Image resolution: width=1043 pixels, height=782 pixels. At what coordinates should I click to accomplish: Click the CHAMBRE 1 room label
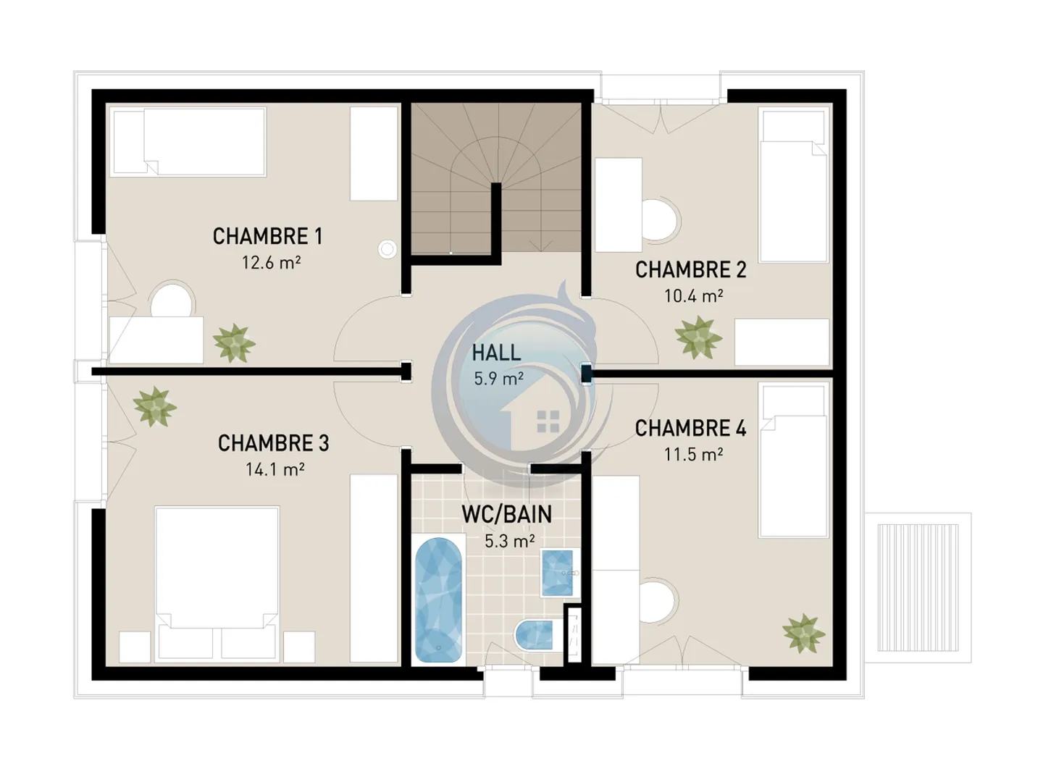coord(267,237)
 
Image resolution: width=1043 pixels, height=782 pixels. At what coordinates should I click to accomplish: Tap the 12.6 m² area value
coord(272,262)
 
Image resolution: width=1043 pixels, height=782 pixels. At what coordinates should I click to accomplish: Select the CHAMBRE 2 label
coord(690,269)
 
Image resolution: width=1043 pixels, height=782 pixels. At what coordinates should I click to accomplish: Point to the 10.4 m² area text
coord(693,296)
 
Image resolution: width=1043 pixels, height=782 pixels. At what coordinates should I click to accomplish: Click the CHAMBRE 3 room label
coord(273,443)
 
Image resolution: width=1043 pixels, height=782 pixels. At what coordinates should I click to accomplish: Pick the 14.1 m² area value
coord(275,469)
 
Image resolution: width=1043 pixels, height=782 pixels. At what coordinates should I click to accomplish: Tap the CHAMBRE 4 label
coord(690,428)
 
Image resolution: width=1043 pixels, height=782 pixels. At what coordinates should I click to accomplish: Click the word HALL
coord(496,353)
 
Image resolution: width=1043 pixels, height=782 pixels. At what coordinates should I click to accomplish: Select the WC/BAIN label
coord(506,514)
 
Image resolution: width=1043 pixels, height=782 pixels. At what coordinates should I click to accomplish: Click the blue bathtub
coord(438,600)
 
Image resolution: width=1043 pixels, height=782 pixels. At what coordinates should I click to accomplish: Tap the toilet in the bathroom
coord(534,635)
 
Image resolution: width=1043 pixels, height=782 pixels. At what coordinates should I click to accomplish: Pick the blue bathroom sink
coord(557,573)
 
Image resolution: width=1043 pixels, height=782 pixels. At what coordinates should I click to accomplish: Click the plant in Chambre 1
coord(234,342)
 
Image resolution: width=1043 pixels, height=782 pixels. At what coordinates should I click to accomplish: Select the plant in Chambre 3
coord(155,407)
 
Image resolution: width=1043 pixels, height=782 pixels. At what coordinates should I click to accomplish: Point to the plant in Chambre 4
coord(803,633)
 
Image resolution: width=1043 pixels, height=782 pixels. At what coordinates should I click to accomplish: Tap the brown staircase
coord(496,177)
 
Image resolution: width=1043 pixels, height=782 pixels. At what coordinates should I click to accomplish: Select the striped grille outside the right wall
coord(918,588)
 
